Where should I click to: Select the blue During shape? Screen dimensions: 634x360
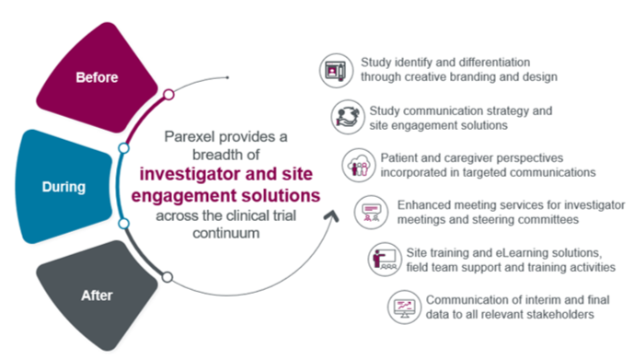(x=63, y=187)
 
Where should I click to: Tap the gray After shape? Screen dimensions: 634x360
(x=97, y=296)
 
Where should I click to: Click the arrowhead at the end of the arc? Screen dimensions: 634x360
(x=331, y=216)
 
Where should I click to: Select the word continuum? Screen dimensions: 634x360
(x=226, y=233)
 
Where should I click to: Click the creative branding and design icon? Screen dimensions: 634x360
(x=336, y=70)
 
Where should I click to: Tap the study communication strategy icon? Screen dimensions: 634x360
(x=348, y=117)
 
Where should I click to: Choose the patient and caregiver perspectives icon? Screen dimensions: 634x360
(x=359, y=165)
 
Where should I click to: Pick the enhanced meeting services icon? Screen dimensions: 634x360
(x=371, y=212)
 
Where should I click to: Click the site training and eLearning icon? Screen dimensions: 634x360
(x=385, y=260)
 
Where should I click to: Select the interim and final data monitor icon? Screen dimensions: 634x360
(x=404, y=307)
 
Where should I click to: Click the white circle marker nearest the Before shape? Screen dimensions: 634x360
(x=169, y=95)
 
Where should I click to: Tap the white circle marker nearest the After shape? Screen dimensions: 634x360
(x=167, y=277)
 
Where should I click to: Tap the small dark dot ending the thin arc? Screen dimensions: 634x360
(x=227, y=77)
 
